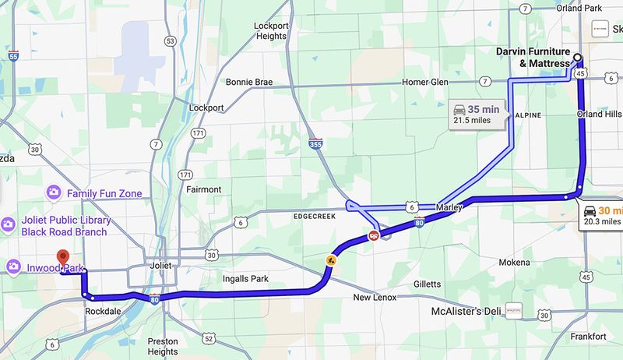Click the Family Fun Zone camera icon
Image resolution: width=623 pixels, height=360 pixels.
(54, 192)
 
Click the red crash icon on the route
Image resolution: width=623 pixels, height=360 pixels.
(375, 236)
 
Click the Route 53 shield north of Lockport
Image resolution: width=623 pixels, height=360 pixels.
(170, 41)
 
